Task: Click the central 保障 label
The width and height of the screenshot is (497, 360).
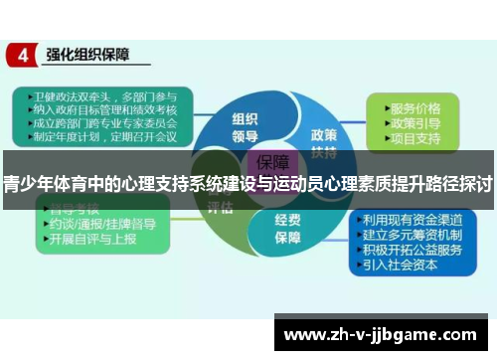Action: tap(272, 162)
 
